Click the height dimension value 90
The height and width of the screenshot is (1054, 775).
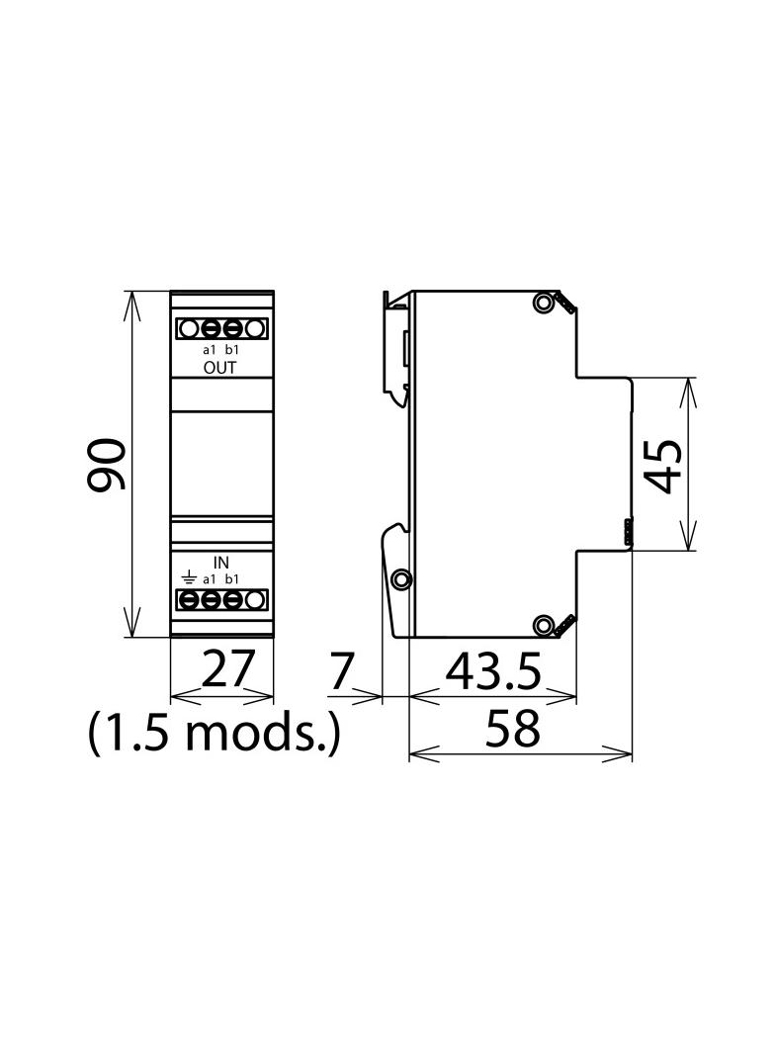tap(107, 464)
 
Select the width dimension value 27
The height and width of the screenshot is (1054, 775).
tap(228, 668)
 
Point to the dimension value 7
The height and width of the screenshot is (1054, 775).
tap(341, 670)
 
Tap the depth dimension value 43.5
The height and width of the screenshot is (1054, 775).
tap(493, 671)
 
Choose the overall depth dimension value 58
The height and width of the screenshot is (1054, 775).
tap(512, 728)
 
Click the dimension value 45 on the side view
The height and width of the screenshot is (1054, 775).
tap(662, 466)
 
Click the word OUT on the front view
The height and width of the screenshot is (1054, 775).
tap(219, 368)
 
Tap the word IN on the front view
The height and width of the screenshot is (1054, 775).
tap(221, 563)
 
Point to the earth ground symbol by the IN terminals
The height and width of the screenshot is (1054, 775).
tap(190, 578)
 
